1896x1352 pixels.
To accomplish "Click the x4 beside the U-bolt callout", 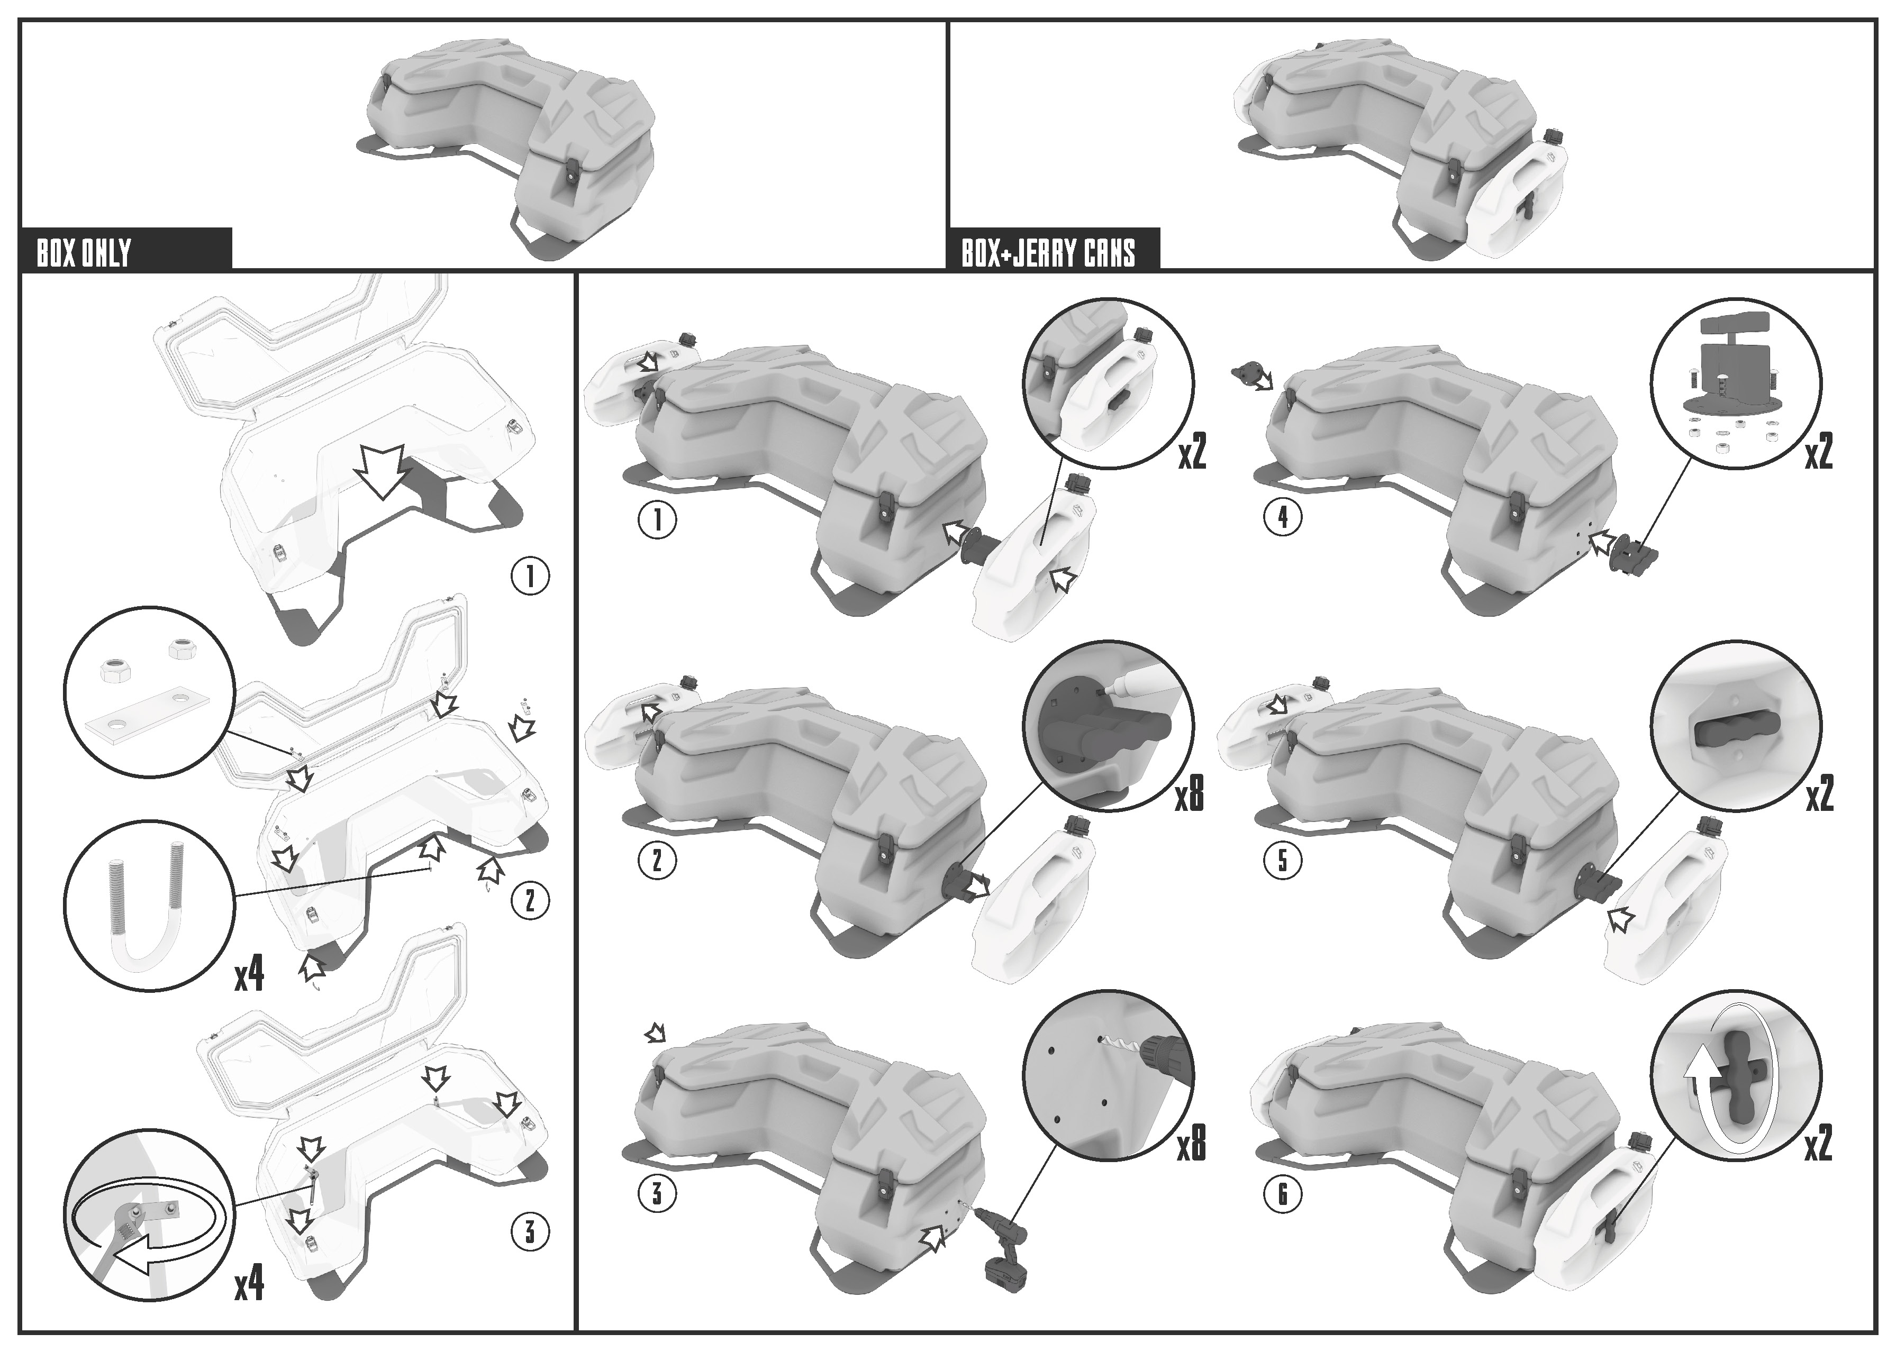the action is pos(249,974).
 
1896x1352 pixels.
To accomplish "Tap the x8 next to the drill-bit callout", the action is pos(1191,1144).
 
